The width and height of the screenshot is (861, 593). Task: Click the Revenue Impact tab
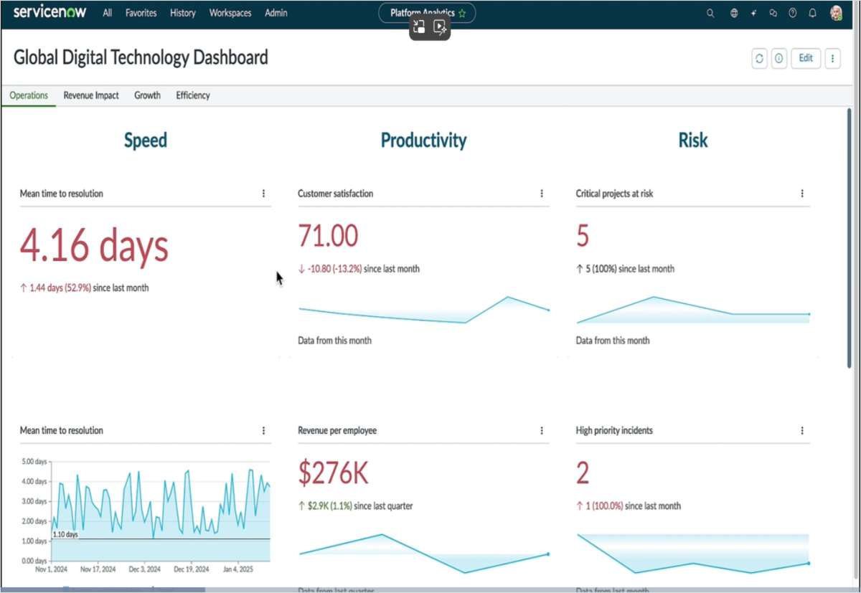91,95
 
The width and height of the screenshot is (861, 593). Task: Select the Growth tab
147,95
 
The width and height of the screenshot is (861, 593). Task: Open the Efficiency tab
193,95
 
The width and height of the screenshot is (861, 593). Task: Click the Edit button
806,58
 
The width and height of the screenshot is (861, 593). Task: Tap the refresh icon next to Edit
759,59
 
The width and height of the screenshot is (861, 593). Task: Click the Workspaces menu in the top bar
230,13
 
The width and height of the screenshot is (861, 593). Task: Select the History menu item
182,13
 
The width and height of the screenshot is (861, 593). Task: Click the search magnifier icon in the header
710,13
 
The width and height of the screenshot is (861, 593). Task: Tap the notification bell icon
812,13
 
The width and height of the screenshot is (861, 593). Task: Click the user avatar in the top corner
836,13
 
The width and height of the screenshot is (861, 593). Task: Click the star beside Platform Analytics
462,13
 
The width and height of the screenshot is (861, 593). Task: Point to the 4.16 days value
94,246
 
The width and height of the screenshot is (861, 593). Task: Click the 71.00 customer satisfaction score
328,236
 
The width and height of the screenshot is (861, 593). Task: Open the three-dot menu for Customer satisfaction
542,194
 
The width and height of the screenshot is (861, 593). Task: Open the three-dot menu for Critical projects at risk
802,194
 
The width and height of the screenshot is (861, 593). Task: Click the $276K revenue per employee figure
333,473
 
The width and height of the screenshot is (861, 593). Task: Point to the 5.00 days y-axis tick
34,462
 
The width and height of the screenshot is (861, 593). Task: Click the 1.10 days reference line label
65,535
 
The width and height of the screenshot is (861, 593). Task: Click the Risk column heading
692,141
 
